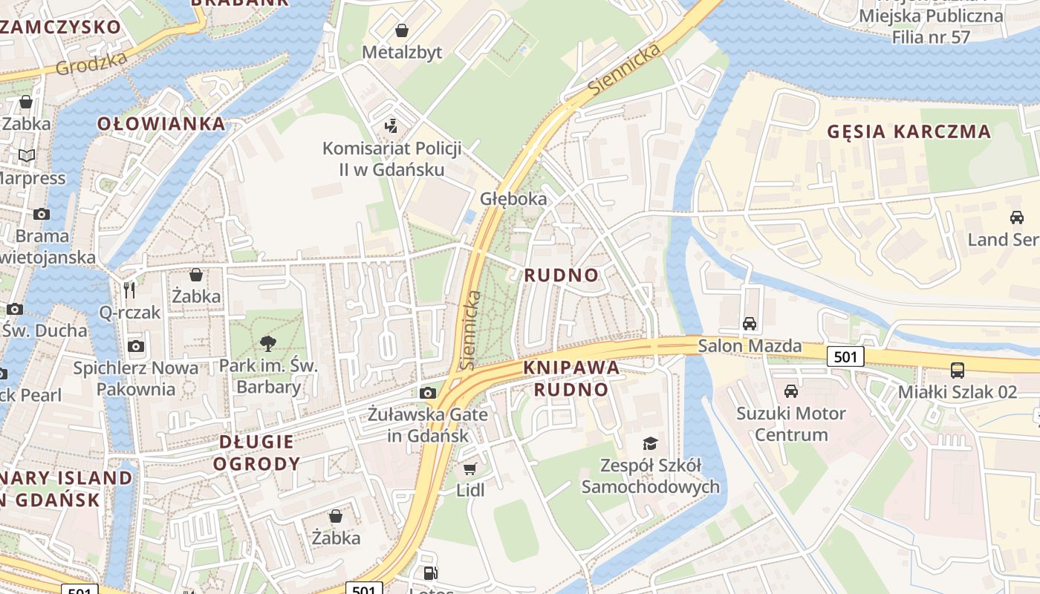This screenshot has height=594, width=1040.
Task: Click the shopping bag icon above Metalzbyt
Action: [402, 30]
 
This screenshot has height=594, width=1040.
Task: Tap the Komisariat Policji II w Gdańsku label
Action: [391, 159]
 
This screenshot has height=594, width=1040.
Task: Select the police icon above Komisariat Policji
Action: [391, 126]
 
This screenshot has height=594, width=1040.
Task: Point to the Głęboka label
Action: [513, 199]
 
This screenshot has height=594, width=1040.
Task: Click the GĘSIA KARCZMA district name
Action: [909, 132]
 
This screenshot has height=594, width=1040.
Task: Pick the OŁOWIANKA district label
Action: [161, 124]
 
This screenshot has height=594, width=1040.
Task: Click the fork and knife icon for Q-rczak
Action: [130, 290]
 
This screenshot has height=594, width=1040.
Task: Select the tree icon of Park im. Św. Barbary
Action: [267, 343]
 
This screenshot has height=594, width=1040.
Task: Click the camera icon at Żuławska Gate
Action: [428, 393]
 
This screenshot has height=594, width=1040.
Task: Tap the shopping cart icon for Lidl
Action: [469, 469]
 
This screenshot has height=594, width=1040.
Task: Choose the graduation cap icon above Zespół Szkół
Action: [650, 443]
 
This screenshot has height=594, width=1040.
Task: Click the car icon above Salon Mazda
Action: [750, 324]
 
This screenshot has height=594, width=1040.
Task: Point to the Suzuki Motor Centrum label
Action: [791, 424]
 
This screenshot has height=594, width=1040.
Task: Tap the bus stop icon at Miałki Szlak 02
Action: [958, 369]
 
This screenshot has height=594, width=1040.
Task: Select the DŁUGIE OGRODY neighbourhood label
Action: [256, 453]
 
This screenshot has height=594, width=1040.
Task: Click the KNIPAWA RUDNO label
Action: [571, 379]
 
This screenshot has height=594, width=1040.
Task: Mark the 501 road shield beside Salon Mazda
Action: [845, 357]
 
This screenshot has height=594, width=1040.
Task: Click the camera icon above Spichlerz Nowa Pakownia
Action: [135, 346]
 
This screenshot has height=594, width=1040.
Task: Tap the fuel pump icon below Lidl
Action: [430, 572]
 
